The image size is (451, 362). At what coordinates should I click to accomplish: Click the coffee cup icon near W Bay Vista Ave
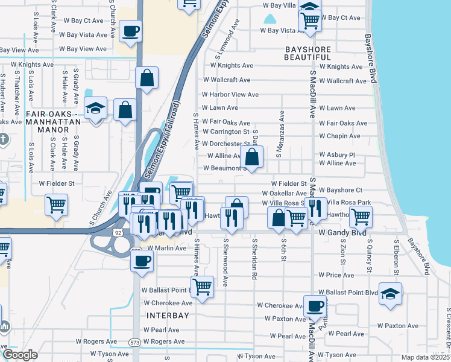pos(131,31)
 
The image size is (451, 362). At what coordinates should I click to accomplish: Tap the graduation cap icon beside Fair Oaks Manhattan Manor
pos(95,109)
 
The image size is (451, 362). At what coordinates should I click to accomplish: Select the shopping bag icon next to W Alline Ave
pos(252,157)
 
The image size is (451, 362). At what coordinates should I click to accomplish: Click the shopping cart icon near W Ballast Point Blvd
pos(203,286)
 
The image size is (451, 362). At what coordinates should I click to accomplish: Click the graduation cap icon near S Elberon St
pos(391,294)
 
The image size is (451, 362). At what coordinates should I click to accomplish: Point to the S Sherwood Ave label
pos(225,262)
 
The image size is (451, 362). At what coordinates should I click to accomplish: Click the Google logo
pos(20,354)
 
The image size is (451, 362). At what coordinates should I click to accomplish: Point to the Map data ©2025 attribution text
pos(424,357)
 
